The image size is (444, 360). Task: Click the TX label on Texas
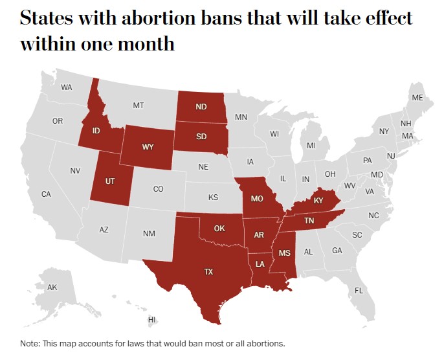(208, 272)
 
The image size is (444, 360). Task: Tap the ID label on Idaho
(96, 131)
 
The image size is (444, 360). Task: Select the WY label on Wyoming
(148, 146)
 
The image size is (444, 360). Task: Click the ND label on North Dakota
(201, 107)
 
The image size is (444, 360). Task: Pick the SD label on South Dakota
(201, 137)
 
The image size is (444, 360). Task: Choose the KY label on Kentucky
(318, 201)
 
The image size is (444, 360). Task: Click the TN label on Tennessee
(309, 221)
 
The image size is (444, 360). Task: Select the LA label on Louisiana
(260, 264)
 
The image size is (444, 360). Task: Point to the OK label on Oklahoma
(219, 229)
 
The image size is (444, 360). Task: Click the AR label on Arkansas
(259, 235)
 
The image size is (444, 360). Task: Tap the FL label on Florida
(359, 291)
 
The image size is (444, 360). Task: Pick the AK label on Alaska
(52, 287)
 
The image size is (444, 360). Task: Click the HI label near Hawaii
(151, 320)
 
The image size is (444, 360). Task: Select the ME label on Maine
(417, 98)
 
